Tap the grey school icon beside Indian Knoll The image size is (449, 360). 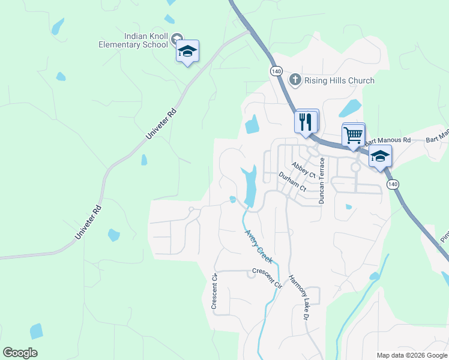176,40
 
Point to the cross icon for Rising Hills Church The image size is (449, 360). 295,80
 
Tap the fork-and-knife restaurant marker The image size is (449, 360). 306,122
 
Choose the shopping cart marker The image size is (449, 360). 353,134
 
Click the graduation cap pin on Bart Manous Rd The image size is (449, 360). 379,157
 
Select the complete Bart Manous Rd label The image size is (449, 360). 387,142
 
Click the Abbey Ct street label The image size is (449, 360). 304,169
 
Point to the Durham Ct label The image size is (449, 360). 292,182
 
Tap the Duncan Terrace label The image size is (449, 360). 322,181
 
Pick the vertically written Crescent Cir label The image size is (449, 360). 214,292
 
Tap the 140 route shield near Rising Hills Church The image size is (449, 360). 276,71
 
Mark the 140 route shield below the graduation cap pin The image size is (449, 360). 392,184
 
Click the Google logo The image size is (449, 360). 20,353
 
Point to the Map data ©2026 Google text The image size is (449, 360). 412,355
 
